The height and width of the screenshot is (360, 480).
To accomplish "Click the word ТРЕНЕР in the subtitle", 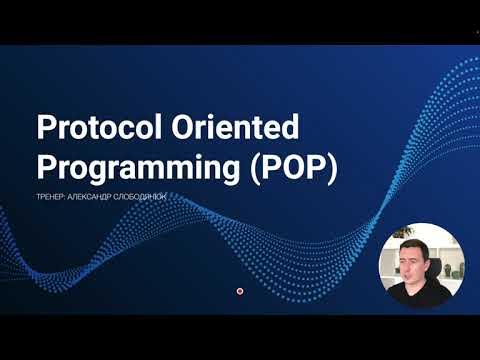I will pyautogui.click(x=51, y=196).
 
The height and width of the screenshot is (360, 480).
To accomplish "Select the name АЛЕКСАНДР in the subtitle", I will pyautogui.click(x=99, y=196).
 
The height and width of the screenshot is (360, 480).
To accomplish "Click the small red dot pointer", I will pyautogui.click(x=240, y=290).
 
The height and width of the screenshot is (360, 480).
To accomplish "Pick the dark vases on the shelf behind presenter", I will pyautogui.click(x=456, y=269).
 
